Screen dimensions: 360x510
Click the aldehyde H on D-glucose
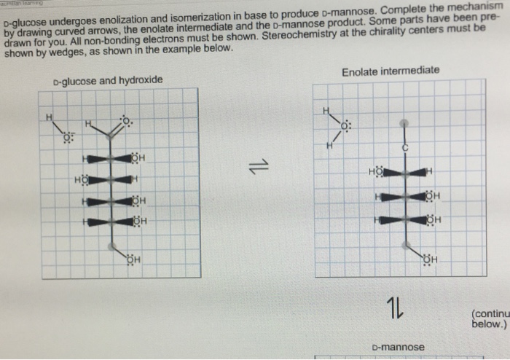tap(88, 125)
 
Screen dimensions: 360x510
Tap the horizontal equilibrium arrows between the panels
tap(255, 169)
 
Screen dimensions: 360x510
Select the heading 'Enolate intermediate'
tap(391, 71)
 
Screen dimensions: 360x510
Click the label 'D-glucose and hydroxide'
tap(107, 79)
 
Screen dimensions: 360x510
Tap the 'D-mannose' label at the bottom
tap(397, 347)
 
